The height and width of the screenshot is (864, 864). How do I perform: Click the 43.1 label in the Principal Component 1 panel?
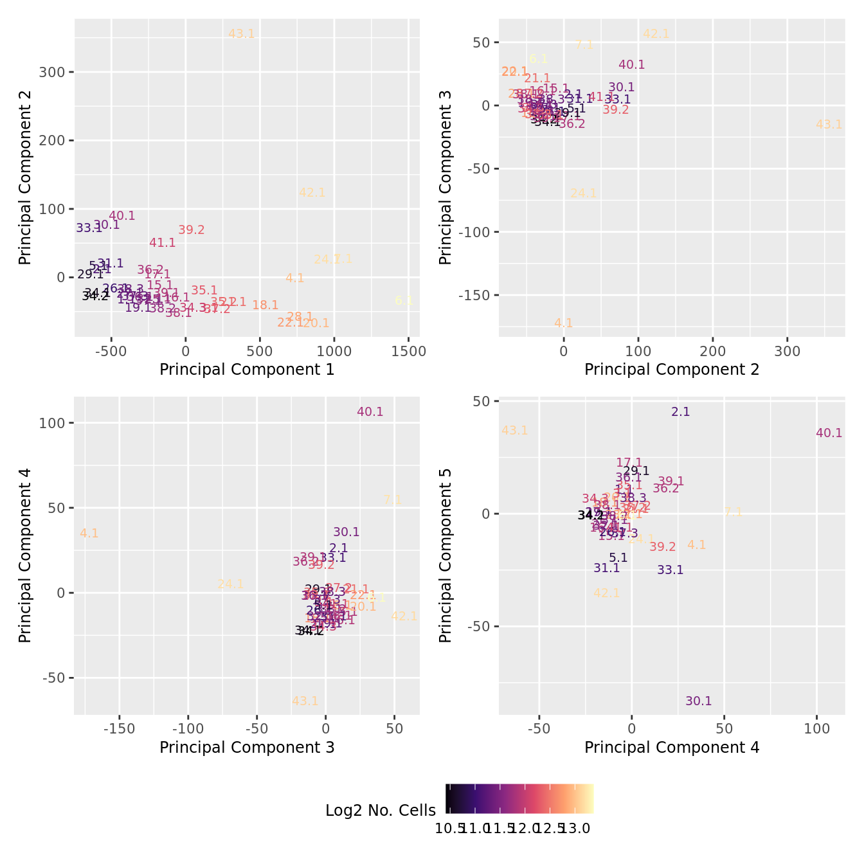242,34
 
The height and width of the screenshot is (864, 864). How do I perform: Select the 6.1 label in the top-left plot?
404,300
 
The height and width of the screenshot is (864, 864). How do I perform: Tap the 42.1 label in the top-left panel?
312,192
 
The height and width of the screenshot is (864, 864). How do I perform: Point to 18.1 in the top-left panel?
265,305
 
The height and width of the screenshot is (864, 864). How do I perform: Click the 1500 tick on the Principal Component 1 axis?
409,352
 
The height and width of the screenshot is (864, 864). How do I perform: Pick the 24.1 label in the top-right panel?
584,194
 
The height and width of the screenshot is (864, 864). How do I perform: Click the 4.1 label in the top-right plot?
563,323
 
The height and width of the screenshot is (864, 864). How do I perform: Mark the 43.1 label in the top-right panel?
829,125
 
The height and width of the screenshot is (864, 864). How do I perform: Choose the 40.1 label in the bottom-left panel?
370,412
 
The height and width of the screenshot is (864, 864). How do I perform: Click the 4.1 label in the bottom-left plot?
89,534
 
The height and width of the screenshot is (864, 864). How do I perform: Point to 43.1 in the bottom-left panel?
305,701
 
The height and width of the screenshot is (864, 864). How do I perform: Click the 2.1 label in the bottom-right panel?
681,412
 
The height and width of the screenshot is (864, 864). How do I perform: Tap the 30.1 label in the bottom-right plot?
699,701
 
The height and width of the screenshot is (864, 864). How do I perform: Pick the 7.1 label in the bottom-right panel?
733,513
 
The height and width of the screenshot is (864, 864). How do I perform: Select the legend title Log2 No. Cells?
381,811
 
